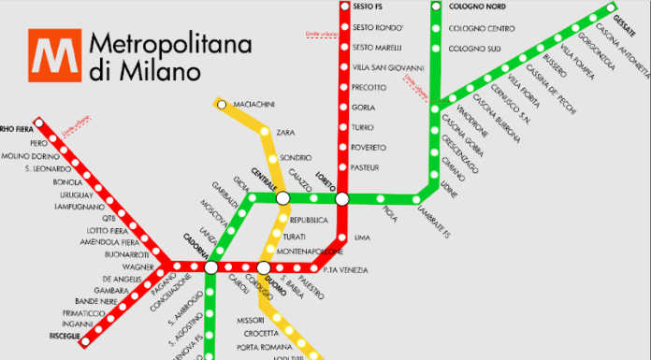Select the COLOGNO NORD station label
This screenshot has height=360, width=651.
tap(479, 6)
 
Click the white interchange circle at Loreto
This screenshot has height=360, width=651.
tap(342, 198)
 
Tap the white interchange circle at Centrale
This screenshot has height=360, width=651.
tap(282, 197)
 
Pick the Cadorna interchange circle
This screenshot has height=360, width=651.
tap(211, 267)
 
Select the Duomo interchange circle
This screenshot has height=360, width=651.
tap(265, 267)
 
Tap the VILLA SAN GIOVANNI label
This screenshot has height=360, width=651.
tap(387, 67)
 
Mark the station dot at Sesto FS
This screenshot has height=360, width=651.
tap(342, 6)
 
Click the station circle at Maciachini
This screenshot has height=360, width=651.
tap(222, 105)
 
